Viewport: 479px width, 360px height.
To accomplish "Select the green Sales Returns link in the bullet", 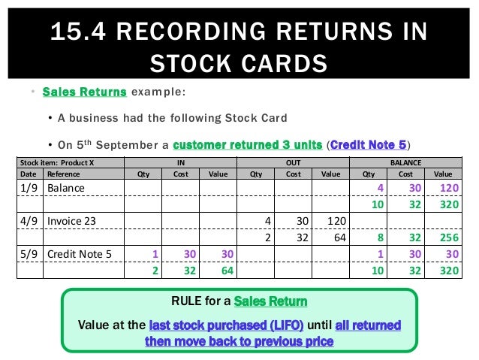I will pyautogui.click(x=84, y=92).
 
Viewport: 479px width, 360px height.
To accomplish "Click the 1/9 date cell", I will pyautogui.click(x=29, y=186).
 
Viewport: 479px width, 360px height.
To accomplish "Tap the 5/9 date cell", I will pyautogui.click(x=29, y=254).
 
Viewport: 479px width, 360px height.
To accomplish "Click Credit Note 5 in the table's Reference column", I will pyautogui.click(x=80, y=254).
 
